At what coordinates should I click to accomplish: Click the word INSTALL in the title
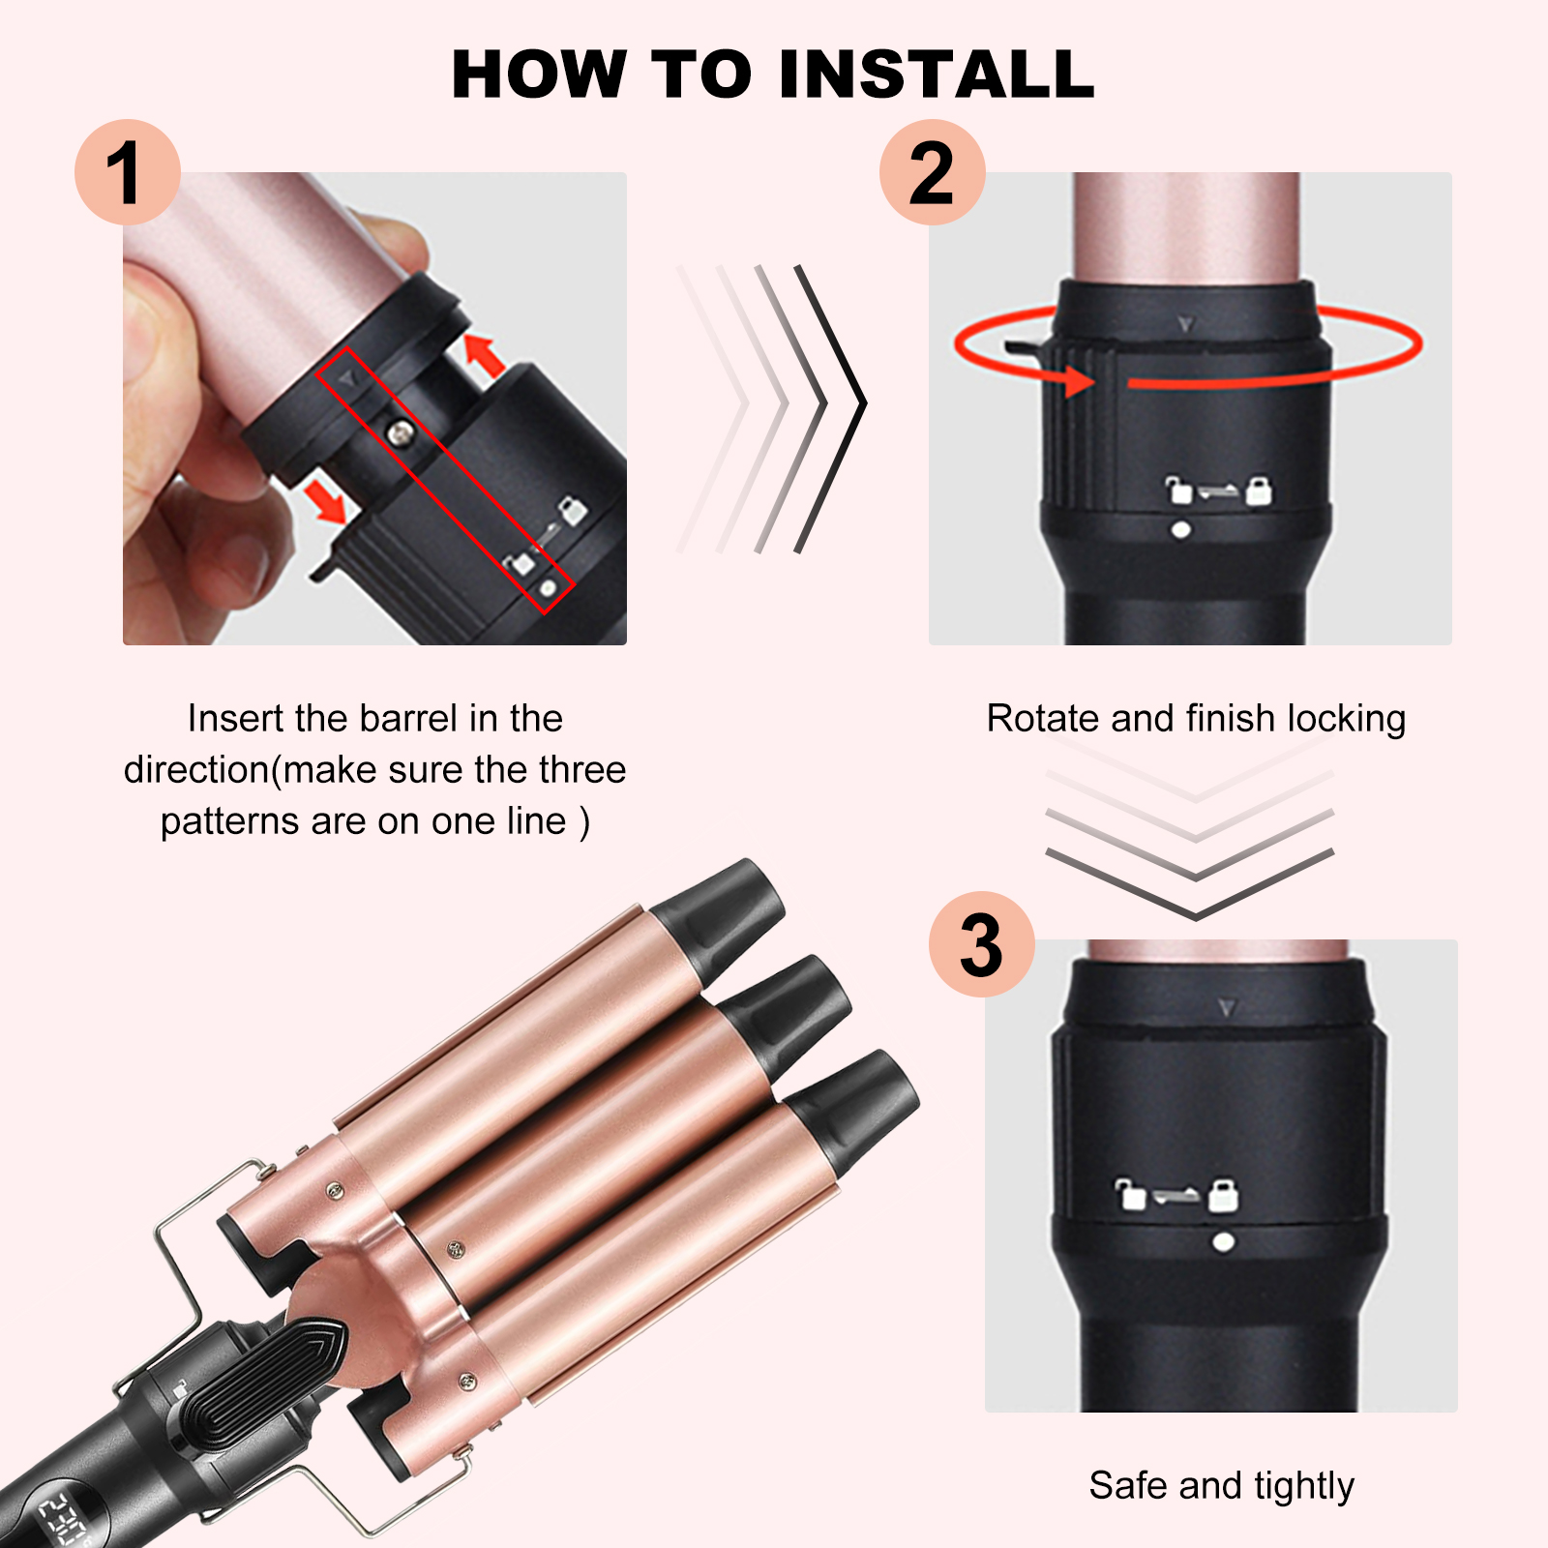[937, 74]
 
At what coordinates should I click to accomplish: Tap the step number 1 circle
[128, 172]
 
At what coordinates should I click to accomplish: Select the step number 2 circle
[933, 172]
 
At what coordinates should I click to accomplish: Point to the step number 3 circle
[982, 944]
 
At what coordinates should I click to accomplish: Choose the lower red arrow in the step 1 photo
[325, 500]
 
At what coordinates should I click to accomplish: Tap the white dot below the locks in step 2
[1180, 530]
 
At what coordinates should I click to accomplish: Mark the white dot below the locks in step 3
[1223, 1241]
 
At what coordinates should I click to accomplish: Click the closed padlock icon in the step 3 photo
[1224, 1195]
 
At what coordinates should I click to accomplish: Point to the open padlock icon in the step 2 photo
[1178, 491]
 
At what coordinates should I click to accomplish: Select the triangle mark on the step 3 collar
[1227, 1008]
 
